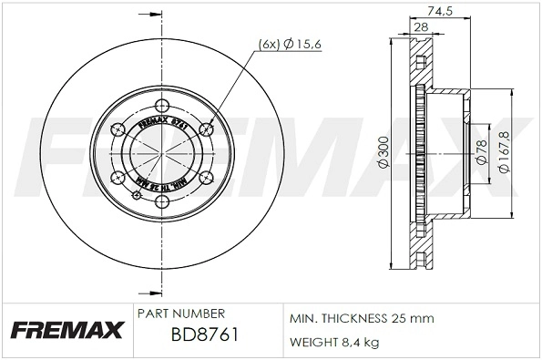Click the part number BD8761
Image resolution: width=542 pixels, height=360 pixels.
tap(205, 334)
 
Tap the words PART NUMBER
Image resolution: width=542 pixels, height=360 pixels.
tap(179, 313)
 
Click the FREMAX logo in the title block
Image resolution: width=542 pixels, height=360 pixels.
tap(65, 329)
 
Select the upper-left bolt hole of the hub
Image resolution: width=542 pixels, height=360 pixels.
tap(118, 128)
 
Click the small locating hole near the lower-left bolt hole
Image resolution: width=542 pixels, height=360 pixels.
tap(135, 193)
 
